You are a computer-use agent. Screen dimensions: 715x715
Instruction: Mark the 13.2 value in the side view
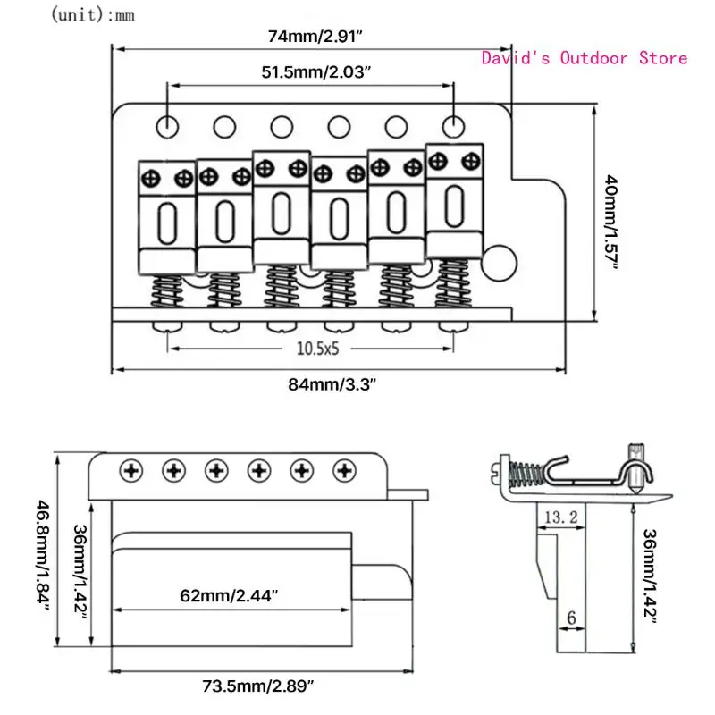pos(554,516)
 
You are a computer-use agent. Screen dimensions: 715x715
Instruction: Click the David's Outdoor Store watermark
pos(585,58)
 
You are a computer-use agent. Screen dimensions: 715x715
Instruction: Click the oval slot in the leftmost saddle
pos(166,220)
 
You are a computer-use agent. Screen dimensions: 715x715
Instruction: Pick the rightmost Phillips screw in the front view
pos(344,470)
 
